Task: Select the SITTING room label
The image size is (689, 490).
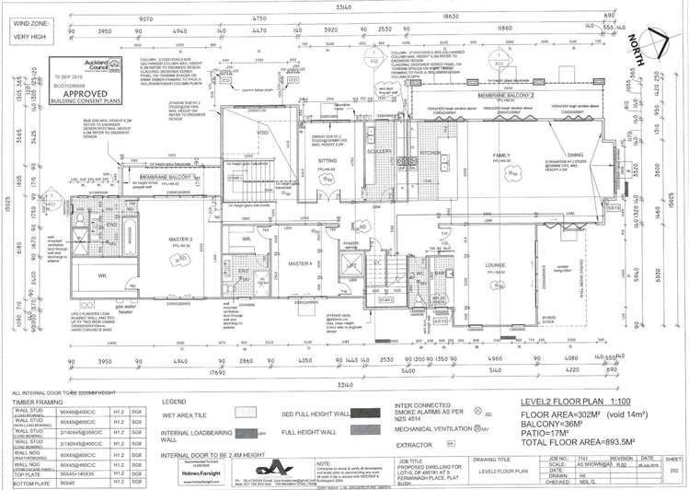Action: pos(326,158)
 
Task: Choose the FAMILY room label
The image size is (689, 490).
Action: pos(501,156)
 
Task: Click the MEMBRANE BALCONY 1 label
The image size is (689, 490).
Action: pos(166,175)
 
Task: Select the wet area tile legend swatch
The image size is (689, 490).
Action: pos(247,414)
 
